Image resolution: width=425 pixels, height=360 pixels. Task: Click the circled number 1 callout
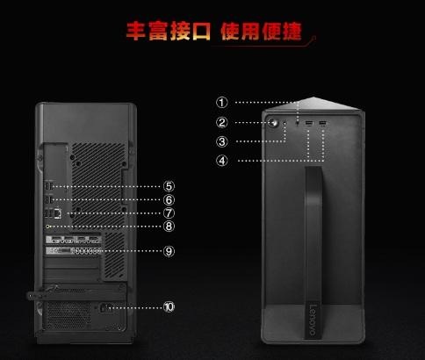(221, 103)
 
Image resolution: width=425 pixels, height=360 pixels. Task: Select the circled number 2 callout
(221, 122)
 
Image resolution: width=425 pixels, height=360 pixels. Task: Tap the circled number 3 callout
(222, 141)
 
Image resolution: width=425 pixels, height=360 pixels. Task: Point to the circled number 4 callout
(222, 161)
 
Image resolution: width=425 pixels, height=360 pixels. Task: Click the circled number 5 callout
(169, 186)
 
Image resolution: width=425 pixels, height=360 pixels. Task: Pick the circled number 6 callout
(169, 200)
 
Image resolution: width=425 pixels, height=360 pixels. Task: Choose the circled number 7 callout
(169, 213)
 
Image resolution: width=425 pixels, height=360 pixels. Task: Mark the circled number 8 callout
(169, 226)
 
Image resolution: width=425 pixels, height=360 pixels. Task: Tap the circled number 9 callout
(169, 251)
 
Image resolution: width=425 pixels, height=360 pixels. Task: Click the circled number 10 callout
(169, 307)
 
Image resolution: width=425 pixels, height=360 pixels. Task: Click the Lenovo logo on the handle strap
(313, 320)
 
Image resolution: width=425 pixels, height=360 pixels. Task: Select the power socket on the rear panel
(105, 308)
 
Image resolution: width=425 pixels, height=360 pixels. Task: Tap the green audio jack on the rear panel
(48, 227)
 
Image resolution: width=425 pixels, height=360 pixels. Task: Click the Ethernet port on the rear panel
(58, 213)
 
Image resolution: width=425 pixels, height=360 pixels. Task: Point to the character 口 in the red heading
(201, 31)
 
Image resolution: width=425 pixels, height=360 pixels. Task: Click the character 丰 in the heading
(135, 31)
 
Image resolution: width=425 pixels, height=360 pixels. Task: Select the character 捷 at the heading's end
(292, 32)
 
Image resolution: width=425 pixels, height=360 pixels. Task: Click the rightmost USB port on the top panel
(322, 123)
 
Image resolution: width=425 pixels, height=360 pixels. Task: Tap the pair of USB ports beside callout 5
(49, 186)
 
